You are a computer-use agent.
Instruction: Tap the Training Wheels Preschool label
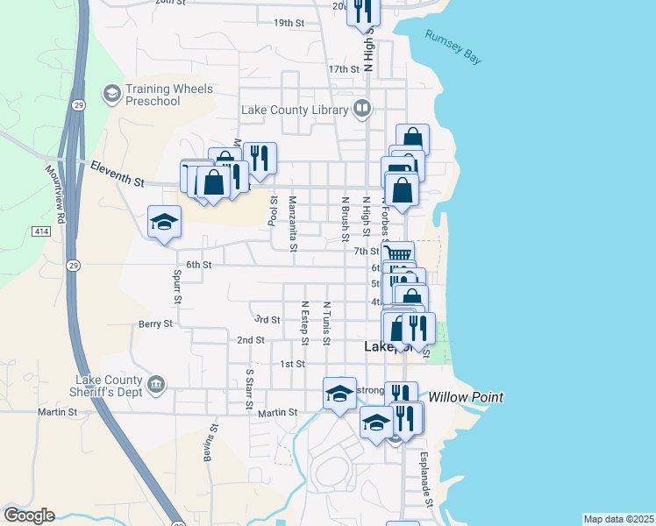coord(153,95)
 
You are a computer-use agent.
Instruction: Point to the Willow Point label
coord(467,397)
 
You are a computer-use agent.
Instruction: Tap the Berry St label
coord(156,323)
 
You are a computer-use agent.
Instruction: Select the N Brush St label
coord(346,219)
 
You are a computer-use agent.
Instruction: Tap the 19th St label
coord(289,23)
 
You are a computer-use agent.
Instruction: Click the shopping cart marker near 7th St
coord(398,254)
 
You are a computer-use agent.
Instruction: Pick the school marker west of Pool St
coord(164,222)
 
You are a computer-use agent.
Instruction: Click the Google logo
coord(29,515)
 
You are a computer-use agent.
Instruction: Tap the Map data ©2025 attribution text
coord(618,519)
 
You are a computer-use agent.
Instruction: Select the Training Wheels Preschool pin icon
coord(111,92)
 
